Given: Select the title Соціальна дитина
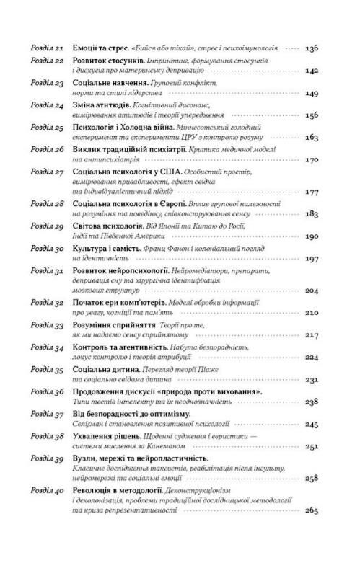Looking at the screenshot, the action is [105, 368].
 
